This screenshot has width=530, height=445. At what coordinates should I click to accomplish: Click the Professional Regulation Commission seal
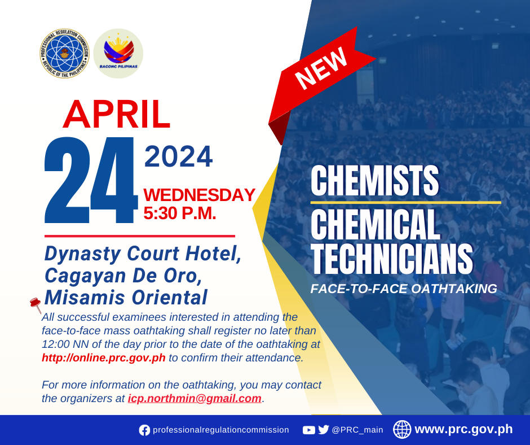[64, 54]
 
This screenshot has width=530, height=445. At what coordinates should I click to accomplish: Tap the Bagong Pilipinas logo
[118, 54]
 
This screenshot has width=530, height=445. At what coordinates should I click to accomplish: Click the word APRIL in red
[117, 115]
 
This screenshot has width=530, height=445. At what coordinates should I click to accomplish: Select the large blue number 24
[91, 180]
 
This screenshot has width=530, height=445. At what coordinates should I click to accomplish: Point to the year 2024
[179, 156]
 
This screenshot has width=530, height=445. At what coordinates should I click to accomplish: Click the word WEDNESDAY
[199, 195]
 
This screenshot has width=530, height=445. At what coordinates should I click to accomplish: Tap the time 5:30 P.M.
[180, 213]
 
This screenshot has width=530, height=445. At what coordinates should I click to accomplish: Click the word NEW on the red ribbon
[321, 68]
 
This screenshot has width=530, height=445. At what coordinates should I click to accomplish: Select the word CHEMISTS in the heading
[374, 181]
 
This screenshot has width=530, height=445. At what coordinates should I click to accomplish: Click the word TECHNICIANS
[392, 259]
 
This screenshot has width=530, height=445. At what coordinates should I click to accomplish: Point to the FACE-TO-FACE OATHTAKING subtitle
[404, 289]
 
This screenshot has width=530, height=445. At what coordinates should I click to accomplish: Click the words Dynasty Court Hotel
[143, 254]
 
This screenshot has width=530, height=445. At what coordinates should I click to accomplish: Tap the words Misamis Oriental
[126, 298]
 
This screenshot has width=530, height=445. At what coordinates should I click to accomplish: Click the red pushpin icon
[36, 304]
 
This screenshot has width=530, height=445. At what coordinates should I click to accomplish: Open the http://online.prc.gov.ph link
[104, 357]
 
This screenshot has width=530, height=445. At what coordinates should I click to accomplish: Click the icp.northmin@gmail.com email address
[195, 398]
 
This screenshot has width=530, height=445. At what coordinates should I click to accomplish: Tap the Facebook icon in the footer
[144, 430]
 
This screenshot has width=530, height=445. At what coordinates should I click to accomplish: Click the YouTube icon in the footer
[308, 430]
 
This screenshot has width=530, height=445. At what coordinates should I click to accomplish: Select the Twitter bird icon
[324, 430]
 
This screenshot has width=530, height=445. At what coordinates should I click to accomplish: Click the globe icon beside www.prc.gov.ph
[402, 429]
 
